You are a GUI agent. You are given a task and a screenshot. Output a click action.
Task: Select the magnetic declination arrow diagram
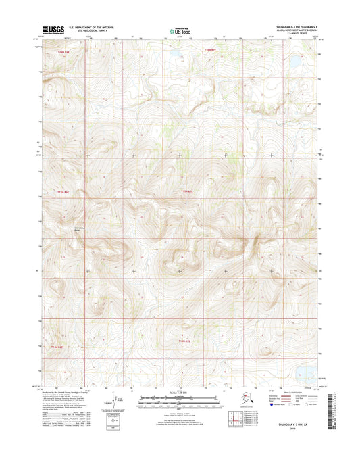click(x=117, y=402)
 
